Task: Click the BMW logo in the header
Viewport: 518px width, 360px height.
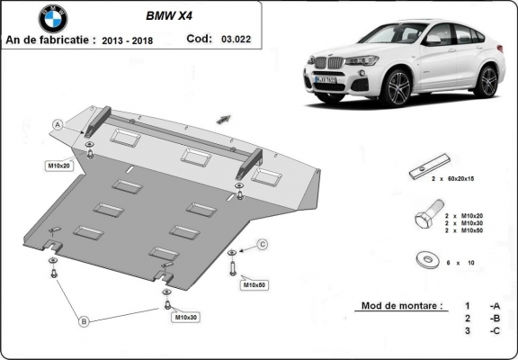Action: pos(53,19)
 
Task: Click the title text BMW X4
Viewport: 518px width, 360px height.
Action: pos(173,15)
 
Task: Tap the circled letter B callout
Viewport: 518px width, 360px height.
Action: pos(83,320)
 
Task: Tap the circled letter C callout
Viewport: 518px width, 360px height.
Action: pos(263,244)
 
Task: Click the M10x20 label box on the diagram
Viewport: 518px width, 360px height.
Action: pos(59,166)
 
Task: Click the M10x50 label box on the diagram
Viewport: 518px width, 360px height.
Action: pos(254,285)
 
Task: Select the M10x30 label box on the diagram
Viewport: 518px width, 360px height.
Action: pos(186,317)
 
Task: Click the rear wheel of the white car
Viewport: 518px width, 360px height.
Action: pos(487,81)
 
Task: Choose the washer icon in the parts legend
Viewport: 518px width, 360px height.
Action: pos(423,260)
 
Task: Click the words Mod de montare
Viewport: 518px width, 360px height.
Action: pos(400,306)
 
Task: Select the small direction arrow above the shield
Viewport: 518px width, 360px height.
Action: pos(223,116)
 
